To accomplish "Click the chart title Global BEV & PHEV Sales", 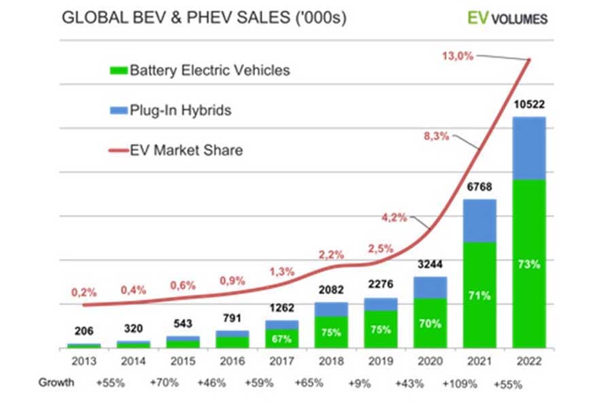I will coord(204,18).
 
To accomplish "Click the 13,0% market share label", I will coord(457,56).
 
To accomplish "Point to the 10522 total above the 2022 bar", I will coord(529,105).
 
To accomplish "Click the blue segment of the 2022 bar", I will coord(529,148).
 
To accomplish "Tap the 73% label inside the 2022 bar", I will coord(529,265).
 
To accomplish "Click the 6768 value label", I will coord(479,188).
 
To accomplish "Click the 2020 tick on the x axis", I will coord(430,360).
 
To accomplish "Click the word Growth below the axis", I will coord(56,382).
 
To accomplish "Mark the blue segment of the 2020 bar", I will coord(430,287).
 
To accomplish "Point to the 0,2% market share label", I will coord(84,292).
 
